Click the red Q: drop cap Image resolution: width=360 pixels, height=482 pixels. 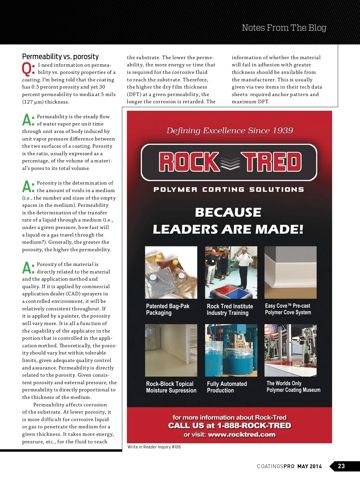(28, 69)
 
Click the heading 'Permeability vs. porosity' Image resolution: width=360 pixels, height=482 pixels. (60, 56)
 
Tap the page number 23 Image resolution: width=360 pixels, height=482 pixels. (341, 466)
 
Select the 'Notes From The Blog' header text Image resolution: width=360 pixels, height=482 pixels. (284, 28)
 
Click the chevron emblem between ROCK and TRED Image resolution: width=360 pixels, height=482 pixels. (230, 162)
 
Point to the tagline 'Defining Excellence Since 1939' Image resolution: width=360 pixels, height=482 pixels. (229, 131)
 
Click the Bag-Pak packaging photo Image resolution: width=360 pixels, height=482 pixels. (171, 272)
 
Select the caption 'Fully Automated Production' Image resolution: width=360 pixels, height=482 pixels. (226, 387)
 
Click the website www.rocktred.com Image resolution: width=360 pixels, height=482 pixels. (241, 434)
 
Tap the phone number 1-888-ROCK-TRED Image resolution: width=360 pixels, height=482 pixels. (254, 426)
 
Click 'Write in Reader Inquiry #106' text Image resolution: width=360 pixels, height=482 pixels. (154, 447)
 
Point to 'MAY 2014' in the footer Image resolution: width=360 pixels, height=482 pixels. (309, 466)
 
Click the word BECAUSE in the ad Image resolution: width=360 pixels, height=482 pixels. (228, 212)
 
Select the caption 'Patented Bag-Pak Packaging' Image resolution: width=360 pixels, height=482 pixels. (167, 309)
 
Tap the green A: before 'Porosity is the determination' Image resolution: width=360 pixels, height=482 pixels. (28, 186)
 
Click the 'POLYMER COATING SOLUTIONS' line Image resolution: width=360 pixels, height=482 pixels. (229, 190)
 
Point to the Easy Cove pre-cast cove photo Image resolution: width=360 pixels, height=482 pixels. (290, 272)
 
